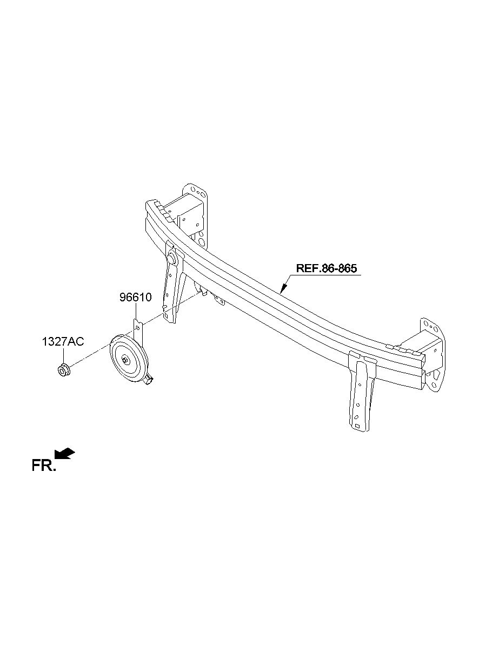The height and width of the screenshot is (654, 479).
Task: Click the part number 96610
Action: tap(135, 297)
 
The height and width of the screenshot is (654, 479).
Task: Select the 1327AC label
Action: tap(63, 341)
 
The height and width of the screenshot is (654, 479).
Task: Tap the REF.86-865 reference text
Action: tap(327, 268)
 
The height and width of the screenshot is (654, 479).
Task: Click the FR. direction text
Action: tap(43, 466)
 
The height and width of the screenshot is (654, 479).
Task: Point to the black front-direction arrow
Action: tap(64, 453)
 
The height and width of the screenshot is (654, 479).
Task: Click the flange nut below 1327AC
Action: tap(63, 371)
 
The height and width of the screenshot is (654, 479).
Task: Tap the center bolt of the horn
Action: tap(125, 360)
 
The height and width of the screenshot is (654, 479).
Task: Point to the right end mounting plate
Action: tap(434, 354)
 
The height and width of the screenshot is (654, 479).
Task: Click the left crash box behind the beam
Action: tap(183, 214)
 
